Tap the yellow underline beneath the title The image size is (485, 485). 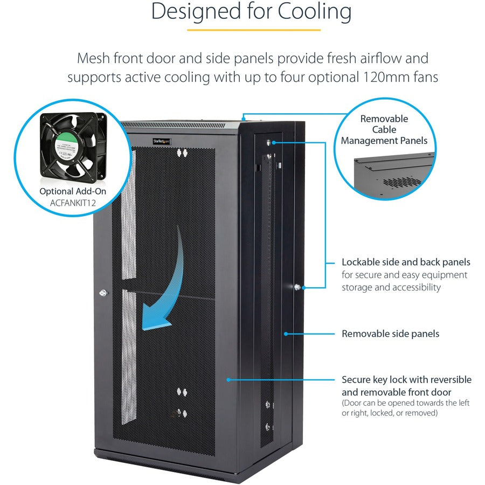pos(253,30)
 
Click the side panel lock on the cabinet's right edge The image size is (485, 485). pos(297,287)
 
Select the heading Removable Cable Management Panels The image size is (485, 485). pos(384,130)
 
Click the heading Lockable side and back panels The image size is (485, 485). pos(406,262)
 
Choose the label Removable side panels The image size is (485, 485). pos(390,334)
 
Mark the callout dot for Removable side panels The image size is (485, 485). pos(286,334)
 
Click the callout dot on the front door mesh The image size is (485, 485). pos(228,379)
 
